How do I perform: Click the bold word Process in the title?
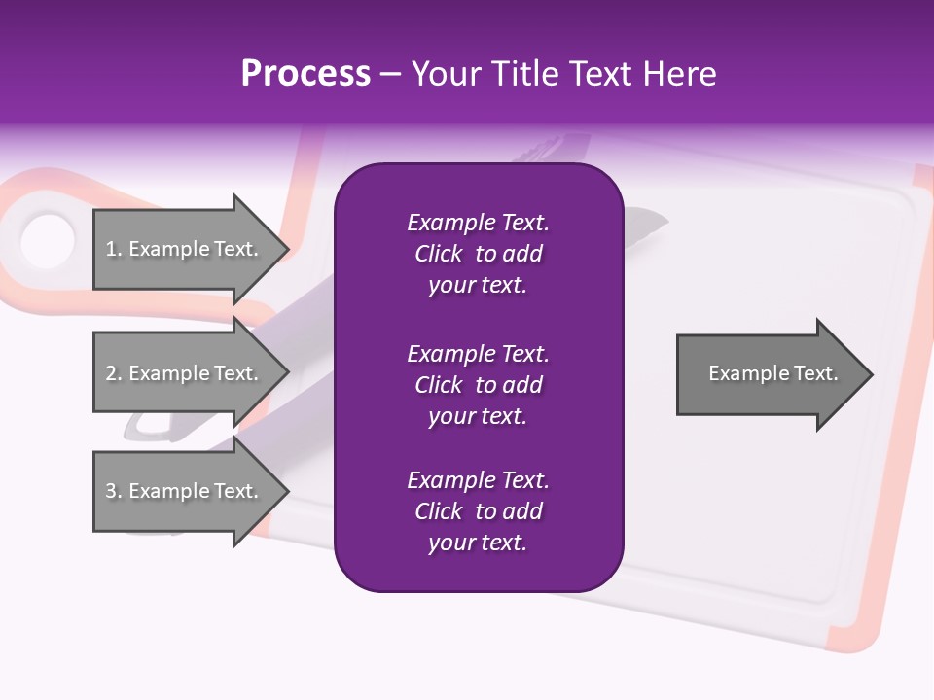click(305, 74)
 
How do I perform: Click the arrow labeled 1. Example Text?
click(185, 249)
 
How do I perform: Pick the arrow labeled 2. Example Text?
click(185, 373)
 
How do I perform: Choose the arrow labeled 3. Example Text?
click(185, 491)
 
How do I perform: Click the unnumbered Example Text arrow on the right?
click(769, 373)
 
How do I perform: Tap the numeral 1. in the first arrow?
click(114, 249)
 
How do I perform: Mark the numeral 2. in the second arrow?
click(114, 373)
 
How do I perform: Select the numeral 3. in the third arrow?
click(114, 491)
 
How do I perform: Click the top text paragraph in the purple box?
click(478, 254)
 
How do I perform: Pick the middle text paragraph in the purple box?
click(478, 385)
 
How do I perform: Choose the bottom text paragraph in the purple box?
click(478, 511)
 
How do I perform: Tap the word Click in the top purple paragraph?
click(438, 254)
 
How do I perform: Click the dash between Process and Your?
click(390, 74)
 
